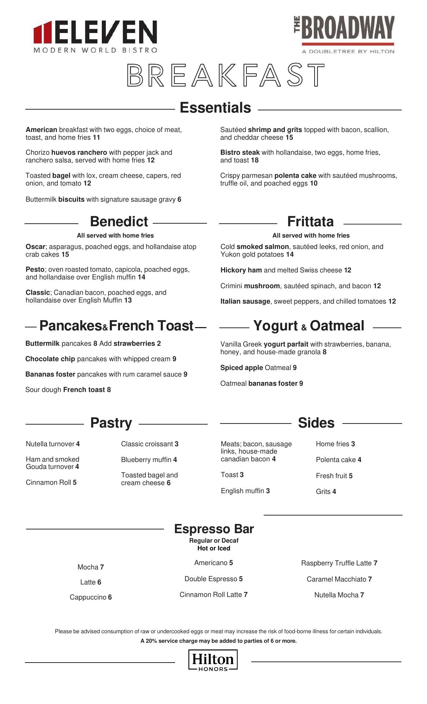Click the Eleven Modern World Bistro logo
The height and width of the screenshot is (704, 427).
[95, 37]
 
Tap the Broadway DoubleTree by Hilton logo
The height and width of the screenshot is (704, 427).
[344, 35]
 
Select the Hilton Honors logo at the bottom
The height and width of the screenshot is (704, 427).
[213, 660]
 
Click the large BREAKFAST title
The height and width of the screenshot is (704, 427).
[226, 75]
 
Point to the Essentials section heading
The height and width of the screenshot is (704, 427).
[215, 108]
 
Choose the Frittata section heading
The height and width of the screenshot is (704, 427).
[311, 221]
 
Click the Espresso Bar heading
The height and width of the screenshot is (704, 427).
[214, 529]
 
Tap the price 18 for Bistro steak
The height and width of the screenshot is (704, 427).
[255, 160]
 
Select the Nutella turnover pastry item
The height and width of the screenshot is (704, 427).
[53, 444]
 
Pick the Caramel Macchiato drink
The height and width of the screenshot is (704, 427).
[339, 579]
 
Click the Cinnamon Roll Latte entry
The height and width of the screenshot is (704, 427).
[213, 595]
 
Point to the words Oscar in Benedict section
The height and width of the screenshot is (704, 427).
[35, 247]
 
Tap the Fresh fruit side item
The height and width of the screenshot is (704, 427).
[334, 476]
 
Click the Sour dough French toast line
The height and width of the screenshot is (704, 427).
[68, 390]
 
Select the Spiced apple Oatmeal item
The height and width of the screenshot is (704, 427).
[258, 368]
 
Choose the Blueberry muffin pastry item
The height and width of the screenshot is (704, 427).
[149, 460]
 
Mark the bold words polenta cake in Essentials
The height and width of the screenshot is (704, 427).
[295, 176]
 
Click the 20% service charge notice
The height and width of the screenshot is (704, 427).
[219, 641]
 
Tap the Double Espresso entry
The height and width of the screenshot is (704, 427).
[213, 579]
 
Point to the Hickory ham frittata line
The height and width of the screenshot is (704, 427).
[286, 270]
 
